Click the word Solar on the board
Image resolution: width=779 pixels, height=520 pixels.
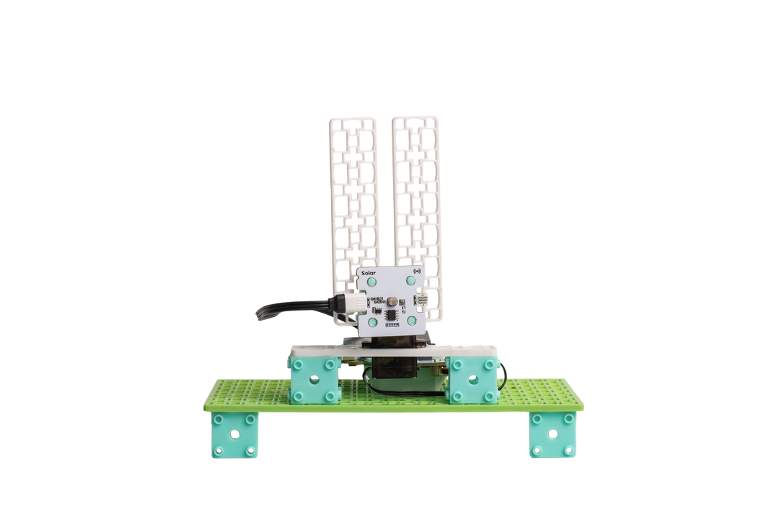pyautogui.click(x=368, y=273)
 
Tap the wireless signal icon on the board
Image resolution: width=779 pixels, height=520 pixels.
pyautogui.click(x=416, y=272)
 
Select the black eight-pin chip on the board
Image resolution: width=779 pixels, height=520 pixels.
pyautogui.click(x=390, y=314)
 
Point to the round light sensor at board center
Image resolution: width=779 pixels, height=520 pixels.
pyautogui.click(x=392, y=300)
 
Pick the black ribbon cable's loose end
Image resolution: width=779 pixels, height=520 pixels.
pyautogui.click(x=260, y=315)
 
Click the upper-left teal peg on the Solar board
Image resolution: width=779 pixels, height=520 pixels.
pyautogui.click(x=371, y=282)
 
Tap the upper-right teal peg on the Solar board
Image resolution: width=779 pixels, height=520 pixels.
pyautogui.click(x=410, y=281)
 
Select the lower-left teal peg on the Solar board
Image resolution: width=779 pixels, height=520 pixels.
pyautogui.click(x=373, y=322)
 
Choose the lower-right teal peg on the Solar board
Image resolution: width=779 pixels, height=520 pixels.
pyautogui.click(x=413, y=320)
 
